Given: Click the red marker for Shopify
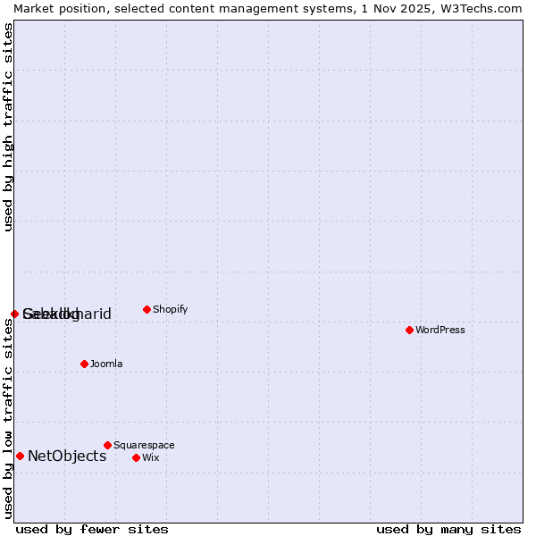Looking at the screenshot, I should pos(147,309).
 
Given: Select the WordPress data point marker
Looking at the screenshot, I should pos(409,330).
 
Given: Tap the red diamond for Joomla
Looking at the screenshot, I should pos(84,364).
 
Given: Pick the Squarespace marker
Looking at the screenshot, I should pos(107,445).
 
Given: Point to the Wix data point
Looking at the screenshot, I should pos(136,457).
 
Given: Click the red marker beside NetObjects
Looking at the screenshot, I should pos(20,456).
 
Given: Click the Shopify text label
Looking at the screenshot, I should pos(170,310).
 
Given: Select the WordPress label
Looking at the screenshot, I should pos(440,331).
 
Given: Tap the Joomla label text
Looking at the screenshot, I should pos(106,364).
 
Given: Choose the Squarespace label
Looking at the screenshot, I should pos(144,446).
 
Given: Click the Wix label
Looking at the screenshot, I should pos(150,458).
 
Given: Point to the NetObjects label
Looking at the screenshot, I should pos(67,456).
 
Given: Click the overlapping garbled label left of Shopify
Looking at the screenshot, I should pos(67,314).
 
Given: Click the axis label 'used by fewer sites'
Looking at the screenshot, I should pos(92,529).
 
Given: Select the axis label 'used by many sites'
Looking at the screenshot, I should pos(448,529).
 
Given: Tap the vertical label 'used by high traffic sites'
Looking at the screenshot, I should pos(8,127).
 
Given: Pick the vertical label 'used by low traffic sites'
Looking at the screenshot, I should pos(8,418).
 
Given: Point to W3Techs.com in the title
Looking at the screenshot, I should pos(479,8).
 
